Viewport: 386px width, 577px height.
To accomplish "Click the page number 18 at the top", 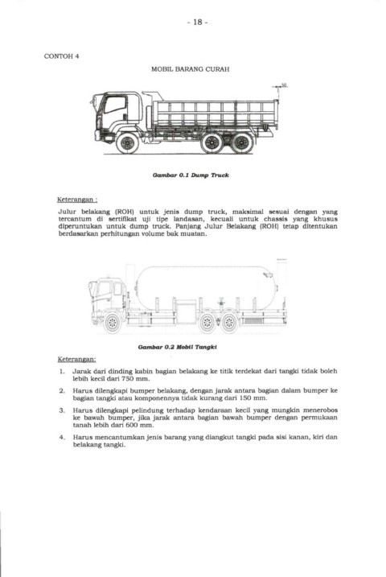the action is (x=197, y=22).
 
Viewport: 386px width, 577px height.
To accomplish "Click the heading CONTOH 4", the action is (x=61, y=56).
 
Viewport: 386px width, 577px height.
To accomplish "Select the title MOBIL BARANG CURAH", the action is (x=191, y=69).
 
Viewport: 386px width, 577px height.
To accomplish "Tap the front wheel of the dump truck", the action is (x=127, y=143).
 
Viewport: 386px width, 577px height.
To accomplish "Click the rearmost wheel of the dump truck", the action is (x=242, y=143).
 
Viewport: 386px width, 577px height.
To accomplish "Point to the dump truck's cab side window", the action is (x=115, y=104).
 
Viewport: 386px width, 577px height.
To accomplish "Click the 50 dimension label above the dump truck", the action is (x=284, y=85).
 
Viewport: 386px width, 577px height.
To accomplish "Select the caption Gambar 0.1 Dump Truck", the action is (x=191, y=175).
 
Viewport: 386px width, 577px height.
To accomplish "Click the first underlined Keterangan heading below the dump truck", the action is (x=77, y=200).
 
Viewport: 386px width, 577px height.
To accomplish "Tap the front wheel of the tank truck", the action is (x=113, y=323).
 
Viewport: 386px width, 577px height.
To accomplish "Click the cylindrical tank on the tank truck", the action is (x=206, y=286).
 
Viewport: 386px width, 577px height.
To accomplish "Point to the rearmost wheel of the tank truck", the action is (x=229, y=323).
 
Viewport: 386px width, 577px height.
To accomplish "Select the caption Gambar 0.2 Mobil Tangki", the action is (x=178, y=347).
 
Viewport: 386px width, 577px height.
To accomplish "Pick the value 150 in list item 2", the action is (x=245, y=398).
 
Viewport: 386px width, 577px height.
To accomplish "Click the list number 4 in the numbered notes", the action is (x=62, y=437).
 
